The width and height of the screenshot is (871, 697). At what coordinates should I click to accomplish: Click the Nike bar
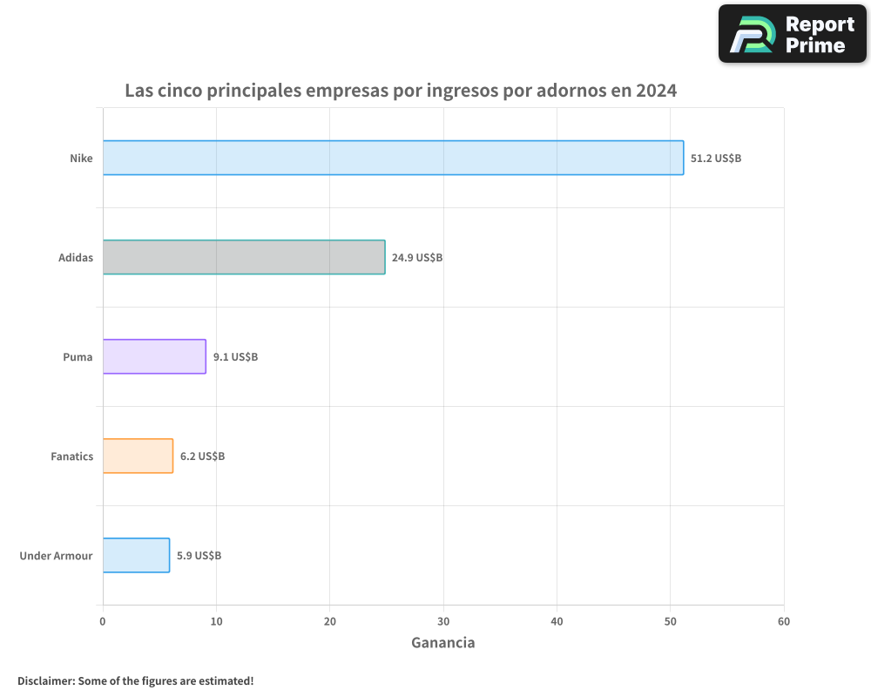point(393,158)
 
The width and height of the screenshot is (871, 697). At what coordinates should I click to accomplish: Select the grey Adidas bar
point(244,257)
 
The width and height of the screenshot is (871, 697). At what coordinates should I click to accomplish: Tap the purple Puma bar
point(154,356)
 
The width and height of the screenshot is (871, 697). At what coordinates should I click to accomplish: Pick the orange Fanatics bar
point(138,456)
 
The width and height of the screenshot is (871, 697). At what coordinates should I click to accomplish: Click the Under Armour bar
point(136,555)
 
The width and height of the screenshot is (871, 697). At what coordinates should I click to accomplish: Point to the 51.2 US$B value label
point(716,159)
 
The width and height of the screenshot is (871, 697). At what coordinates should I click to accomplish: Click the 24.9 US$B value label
point(417,258)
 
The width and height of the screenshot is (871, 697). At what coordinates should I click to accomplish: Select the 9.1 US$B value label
point(235,357)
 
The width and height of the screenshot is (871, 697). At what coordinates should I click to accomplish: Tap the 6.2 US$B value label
point(202,457)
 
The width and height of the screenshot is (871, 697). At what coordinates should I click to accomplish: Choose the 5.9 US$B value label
point(199,556)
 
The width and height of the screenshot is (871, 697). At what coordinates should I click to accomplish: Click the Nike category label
point(81,159)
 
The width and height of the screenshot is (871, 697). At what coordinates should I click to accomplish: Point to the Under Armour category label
point(56,556)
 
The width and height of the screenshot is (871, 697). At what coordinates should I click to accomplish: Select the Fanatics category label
point(71,457)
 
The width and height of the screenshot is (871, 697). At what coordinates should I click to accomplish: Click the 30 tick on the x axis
point(443,621)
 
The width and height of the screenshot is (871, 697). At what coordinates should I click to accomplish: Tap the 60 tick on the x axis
point(784,621)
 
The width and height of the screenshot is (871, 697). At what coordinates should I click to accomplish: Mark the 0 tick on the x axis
point(103,621)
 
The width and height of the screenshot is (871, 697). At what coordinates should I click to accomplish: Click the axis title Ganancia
point(442,643)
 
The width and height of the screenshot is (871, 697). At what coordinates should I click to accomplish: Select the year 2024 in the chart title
point(656,90)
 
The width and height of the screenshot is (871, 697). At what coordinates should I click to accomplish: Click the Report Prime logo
point(792,34)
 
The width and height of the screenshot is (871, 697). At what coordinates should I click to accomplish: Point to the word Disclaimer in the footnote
point(44,680)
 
